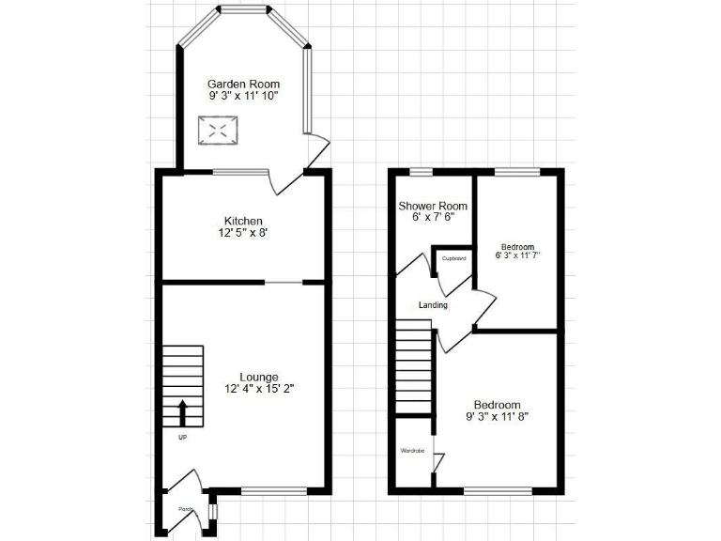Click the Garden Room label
tap(243, 84)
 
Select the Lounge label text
tap(245, 378)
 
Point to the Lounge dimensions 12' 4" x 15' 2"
tap(245, 390)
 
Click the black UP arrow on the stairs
tap(182, 412)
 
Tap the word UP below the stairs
tap(182, 438)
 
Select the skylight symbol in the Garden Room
tap(216, 130)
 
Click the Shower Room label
tap(433, 206)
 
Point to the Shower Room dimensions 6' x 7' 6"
tap(433, 217)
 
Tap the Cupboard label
tap(453, 257)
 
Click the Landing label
tap(433, 305)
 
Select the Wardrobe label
tap(413, 451)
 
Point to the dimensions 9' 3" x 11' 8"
tap(498, 416)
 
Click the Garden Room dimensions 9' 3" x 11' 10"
tap(243, 96)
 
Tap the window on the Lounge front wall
tap(274, 490)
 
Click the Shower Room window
tap(422, 171)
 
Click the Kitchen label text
tap(243, 220)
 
